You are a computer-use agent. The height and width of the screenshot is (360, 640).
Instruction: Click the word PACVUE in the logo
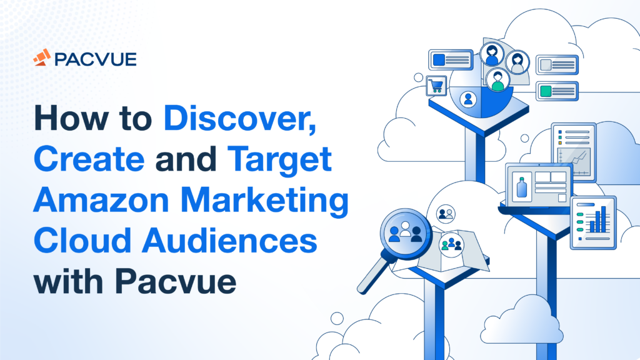[x=96, y=59]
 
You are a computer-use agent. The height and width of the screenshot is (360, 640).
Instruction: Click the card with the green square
[x=557, y=91]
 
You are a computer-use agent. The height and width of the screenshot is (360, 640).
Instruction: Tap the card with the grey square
[x=557, y=65]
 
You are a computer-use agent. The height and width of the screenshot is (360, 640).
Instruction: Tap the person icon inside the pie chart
[x=467, y=99]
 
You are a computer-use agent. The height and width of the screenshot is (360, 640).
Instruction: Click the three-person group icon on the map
[x=451, y=243]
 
